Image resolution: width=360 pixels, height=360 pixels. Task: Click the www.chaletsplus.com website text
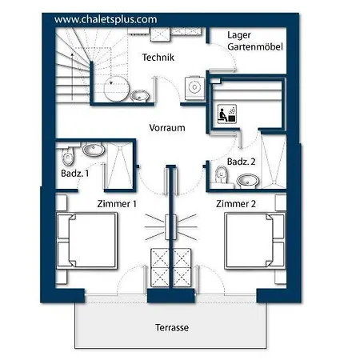point(106,20)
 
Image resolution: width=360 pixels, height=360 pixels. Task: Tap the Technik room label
point(158,58)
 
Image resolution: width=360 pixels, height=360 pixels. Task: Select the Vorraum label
point(167,128)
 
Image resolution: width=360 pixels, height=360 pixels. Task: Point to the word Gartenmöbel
point(255,46)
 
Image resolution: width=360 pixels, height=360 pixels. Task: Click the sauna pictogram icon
point(227,114)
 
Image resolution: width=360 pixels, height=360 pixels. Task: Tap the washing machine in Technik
point(194,88)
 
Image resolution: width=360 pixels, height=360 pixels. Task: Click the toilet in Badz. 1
point(68,157)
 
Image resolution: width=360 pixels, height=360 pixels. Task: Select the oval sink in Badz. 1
point(93,149)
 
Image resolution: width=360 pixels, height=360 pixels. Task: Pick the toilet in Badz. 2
point(222,175)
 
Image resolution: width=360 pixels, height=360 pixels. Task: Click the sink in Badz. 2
point(248,181)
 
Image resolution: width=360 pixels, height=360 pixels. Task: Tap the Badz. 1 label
point(74,174)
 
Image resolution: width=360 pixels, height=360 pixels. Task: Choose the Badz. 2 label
point(241,162)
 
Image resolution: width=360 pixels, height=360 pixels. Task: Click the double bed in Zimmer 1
point(86,240)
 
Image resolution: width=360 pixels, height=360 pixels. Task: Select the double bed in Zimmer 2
point(255,240)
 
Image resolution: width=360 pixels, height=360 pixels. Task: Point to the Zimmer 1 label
point(117,204)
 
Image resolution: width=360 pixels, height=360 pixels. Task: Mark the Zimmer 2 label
point(236,204)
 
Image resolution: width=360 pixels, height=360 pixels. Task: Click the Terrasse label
point(172,327)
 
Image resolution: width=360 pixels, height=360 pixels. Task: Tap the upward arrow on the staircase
point(72,77)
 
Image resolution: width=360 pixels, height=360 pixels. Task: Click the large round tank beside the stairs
point(116,89)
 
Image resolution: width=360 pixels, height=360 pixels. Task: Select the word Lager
point(239,35)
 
